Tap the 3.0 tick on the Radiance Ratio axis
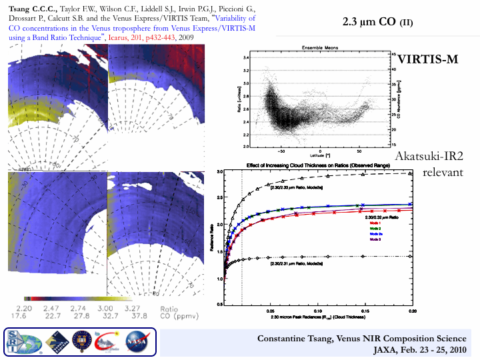click(x=220, y=172)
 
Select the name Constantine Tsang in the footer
click(x=294, y=339)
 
